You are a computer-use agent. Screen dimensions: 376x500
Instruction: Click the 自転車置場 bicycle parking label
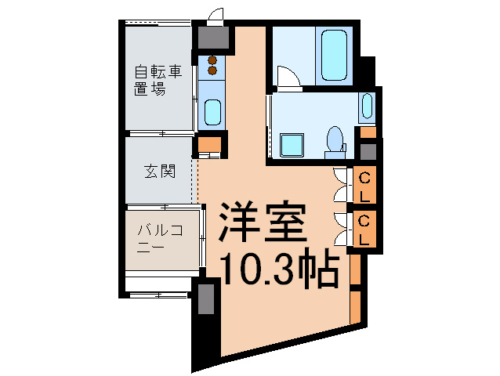(x=157, y=81)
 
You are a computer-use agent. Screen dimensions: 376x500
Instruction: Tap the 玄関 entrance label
(x=158, y=172)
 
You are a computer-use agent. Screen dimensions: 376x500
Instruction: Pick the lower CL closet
(x=365, y=229)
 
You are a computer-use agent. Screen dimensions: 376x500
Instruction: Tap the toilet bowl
(x=335, y=140)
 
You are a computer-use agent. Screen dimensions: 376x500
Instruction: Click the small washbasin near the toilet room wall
(x=368, y=107)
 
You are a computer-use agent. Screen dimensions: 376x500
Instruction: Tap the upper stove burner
(x=212, y=60)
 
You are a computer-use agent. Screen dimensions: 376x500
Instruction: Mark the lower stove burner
(x=212, y=71)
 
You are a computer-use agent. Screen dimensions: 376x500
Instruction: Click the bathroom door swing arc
(x=288, y=76)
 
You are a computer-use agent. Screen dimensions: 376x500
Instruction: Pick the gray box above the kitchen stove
(x=212, y=37)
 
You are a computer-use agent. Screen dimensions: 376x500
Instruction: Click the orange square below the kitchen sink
(x=208, y=144)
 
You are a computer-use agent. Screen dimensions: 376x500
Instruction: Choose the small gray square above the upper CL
(x=368, y=151)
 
